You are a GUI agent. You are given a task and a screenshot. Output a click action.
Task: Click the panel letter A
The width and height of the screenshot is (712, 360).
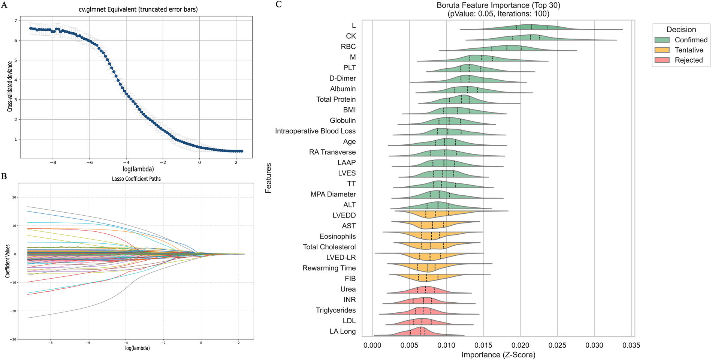(4, 5)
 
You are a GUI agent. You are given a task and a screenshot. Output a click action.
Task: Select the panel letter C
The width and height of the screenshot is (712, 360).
(278, 4)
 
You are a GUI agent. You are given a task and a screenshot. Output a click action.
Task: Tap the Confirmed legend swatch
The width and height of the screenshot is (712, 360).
(662, 40)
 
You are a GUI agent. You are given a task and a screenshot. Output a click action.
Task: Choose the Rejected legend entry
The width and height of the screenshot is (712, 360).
(688, 60)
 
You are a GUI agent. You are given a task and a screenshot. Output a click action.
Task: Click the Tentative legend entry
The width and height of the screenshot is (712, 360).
(689, 50)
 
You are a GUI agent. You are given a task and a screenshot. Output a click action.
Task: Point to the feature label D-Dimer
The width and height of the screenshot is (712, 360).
(343, 78)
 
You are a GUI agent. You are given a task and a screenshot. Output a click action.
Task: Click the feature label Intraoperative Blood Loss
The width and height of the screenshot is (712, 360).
(315, 131)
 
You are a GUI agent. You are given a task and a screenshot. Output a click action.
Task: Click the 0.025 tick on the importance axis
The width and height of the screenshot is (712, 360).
(557, 345)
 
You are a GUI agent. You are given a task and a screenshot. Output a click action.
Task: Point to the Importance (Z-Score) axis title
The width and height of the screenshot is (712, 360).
(498, 355)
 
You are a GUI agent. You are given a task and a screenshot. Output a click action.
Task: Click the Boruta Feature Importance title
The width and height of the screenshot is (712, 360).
(498, 6)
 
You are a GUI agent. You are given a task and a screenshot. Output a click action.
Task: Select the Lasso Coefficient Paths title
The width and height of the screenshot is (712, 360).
(136, 179)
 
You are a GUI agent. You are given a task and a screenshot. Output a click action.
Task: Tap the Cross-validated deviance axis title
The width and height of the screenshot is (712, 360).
(10, 87)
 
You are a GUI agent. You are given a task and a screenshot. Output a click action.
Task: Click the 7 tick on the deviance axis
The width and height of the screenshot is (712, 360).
(16, 21)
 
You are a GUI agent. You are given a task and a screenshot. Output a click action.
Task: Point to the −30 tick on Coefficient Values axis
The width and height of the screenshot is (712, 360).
(13, 339)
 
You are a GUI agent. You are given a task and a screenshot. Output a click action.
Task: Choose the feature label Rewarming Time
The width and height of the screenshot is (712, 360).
(329, 268)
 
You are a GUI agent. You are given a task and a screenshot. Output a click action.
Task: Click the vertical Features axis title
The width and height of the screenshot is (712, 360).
(268, 178)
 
